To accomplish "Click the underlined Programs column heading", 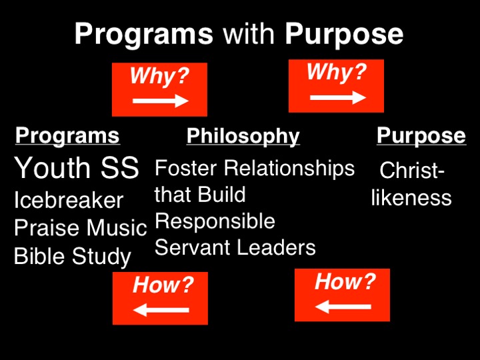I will tap(67, 135).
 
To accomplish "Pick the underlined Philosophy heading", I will tap(243, 136).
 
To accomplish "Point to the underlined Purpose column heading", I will tap(421, 135).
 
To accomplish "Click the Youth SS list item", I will tap(76, 169).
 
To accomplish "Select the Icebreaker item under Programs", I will tap(69, 200).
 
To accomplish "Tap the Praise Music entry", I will tap(80, 228).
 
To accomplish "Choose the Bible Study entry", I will tap(73, 256).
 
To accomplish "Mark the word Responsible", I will tap(215, 221).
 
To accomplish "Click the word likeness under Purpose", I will tap(411, 197).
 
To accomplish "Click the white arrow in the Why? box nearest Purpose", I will tap(338, 97).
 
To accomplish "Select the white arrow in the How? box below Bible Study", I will tap(161, 309).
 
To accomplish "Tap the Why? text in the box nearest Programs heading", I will tap(160, 76).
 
